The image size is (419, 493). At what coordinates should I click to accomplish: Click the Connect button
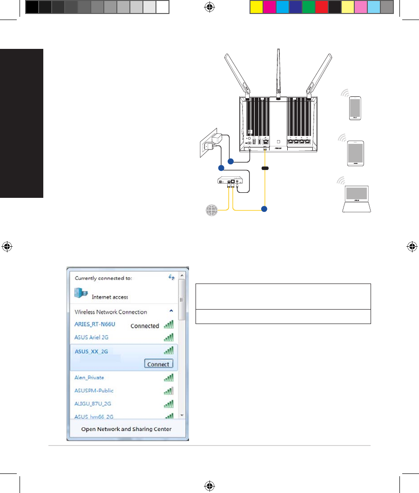tap(158, 364)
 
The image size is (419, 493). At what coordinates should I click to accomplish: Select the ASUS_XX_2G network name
tap(91, 351)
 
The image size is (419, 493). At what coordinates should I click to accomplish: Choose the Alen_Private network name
tap(89, 378)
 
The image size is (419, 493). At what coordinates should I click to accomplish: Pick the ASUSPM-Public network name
tap(94, 391)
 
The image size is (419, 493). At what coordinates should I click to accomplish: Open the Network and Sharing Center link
tap(126, 429)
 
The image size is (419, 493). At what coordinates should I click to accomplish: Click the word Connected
tap(145, 326)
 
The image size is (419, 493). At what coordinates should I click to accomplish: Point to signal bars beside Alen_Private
tap(169, 378)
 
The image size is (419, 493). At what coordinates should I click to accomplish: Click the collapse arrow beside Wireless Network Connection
tap(171, 311)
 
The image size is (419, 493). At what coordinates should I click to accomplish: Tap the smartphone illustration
tap(355, 108)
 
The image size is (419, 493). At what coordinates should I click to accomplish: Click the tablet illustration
tap(355, 154)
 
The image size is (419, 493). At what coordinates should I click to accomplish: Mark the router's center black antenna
tap(278, 74)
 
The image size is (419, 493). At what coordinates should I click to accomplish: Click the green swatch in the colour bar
tap(308, 7)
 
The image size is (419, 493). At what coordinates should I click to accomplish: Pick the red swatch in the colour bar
tap(321, 7)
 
